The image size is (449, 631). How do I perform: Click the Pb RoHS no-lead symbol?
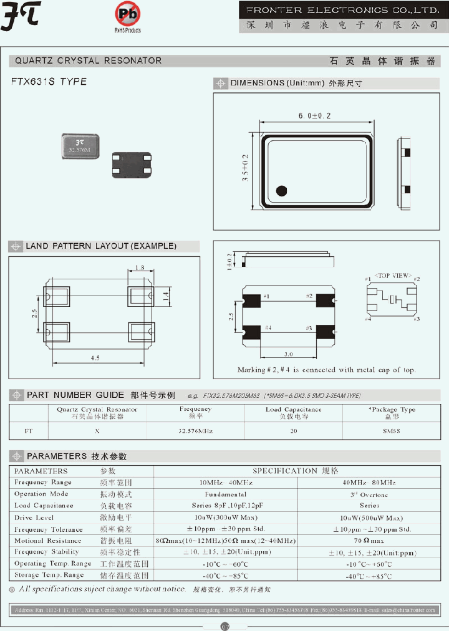point(127,14)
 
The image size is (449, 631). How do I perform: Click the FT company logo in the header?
point(20,17)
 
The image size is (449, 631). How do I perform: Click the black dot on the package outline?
point(281,191)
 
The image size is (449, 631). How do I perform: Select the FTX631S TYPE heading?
point(49,82)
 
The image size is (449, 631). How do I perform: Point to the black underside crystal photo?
point(132,165)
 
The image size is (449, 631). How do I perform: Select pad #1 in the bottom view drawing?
point(253,299)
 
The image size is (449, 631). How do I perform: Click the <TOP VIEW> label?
point(392,275)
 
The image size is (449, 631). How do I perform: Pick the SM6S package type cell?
point(391,430)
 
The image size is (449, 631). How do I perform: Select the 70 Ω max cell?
point(374,541)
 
